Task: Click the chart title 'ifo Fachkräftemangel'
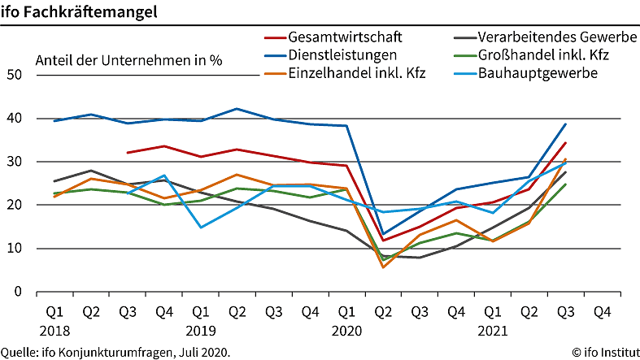80,13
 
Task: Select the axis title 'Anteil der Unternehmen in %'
128,60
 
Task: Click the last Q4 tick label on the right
602,311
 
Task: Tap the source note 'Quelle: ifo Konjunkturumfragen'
115,352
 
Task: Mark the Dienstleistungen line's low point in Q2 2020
383,233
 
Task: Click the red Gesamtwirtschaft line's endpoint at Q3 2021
565,143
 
